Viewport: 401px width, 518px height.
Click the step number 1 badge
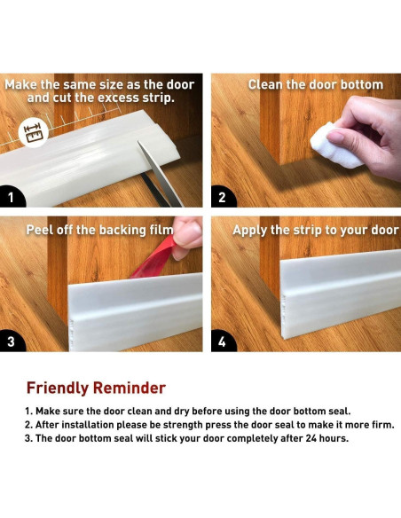[x=11, y=197]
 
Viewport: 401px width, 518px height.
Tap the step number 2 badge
[x=223, y=197]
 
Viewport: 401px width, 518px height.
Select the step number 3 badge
[x=11, y=341]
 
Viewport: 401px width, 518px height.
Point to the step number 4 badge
[x=223, y=341]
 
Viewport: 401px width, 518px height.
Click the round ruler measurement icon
[x=34, y=132]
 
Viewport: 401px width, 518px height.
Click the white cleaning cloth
[x=334, y=145]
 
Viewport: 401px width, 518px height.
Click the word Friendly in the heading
[x=58, y=388]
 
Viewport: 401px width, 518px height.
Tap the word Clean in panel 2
[x=265, y=85]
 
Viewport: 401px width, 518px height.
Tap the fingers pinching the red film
[x=186, y=237]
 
